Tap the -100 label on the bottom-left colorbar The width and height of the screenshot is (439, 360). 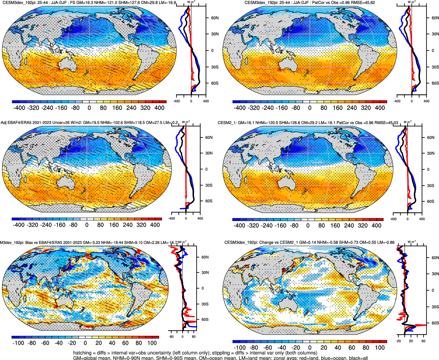[x=19, y=343]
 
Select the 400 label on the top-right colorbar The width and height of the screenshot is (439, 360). [x=380, y=108]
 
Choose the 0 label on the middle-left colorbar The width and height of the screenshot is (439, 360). [x=87, y=225]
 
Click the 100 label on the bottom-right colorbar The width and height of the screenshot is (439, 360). [x=380, y=348]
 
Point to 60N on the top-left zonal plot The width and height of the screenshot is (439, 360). [x=215, y=18]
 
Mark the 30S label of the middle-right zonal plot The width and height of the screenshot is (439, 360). [x=431, y=186]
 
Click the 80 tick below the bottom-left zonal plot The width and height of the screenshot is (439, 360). [x=193, y=336]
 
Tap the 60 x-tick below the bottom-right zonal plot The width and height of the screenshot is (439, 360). [x=423, y=341]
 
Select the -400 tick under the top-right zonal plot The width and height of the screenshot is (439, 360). [x=397, y=101]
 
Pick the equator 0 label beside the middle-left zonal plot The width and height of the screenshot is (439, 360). [x=206, y=169]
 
